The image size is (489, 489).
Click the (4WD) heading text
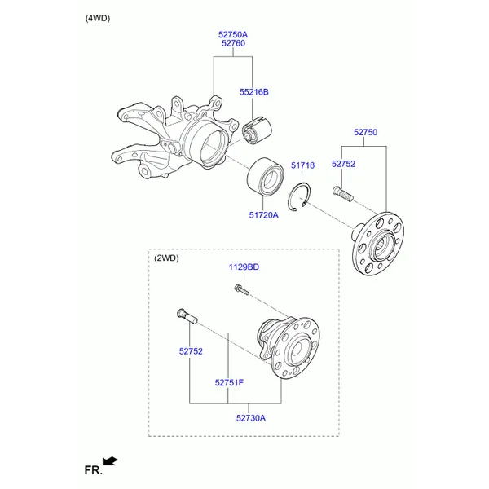click(x=98, y=19)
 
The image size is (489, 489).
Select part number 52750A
click(x=233, y=34)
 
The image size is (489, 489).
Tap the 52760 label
click(x=233, y=43)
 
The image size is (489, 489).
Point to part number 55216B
click(x=253, y=92)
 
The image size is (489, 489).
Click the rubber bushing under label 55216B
click(x=258, y=130)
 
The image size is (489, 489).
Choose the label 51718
click(x=303, y=165)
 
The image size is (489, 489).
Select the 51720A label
click(x=263, y=215)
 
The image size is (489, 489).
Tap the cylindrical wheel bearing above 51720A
click(x=265, y=177)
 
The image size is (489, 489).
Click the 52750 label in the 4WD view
click(x=365, y=132)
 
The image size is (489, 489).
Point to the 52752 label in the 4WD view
click(x=343, y=164)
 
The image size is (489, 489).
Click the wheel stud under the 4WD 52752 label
click(x=343, y=194)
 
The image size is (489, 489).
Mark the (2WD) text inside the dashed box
click(x=166, y=258)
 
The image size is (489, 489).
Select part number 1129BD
click(x=244, y=267)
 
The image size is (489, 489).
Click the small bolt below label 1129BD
click(x=242, y=290)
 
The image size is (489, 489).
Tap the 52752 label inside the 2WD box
click(x=191, y=351)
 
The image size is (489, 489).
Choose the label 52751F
click(x=229, y=383)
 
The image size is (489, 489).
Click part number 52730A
click(x=251, y=418)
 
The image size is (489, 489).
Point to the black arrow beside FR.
click(x=110, y=461)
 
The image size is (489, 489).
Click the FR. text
click(x=93, y=470)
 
